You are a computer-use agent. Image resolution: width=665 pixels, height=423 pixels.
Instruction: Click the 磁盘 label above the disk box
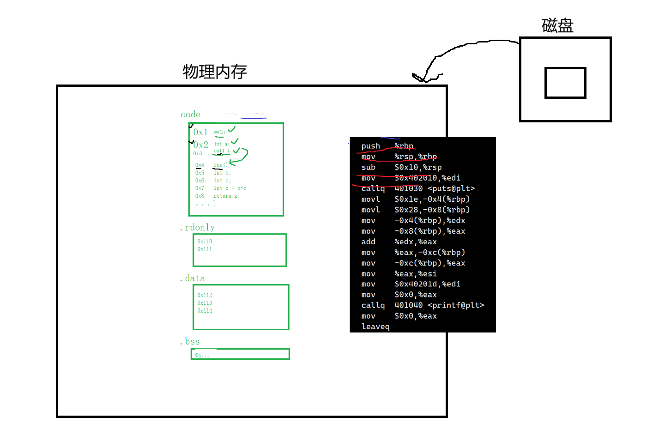[x=557, y=25]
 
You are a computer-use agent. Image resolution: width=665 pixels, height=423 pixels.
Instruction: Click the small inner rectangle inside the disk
[x=565, y=83]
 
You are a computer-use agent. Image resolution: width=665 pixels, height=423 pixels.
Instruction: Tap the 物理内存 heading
[x=215, y=72]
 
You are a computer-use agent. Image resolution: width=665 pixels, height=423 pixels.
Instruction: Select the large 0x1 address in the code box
[x=200, y=132]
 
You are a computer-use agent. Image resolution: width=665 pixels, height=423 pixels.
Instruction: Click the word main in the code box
[x=219, y=132]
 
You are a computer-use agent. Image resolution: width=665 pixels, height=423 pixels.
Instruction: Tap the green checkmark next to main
[x=232, y=129]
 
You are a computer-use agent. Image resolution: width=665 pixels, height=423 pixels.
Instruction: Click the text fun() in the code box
[x=220, y=165]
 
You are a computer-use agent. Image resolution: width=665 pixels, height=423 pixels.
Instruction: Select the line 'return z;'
[x=226, y=196]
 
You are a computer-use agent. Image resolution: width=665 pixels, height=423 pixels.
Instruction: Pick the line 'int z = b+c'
[x=230, y=188]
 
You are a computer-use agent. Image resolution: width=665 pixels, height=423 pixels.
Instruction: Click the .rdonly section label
[x=198, y=227]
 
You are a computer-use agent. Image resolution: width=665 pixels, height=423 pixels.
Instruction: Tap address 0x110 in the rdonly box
[x=205, y=242]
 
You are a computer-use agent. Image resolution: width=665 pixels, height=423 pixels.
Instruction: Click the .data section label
[x=193, y=278]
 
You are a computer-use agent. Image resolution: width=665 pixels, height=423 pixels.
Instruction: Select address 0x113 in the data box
[x=205, y=303]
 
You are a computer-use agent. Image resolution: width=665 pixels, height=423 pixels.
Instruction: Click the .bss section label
[x=190, y=341]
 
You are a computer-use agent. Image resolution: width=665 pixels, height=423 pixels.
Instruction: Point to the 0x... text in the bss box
[x=202, y=355]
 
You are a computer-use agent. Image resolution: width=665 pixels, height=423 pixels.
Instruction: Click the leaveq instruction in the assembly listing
[x=375, y=326]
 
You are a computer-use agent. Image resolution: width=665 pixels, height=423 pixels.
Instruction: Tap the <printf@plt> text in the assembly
[x=456, y=305]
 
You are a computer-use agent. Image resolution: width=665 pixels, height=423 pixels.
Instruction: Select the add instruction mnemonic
[x=368, y=242]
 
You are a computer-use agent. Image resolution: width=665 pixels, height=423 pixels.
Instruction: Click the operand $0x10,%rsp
[x=418, y=167]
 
